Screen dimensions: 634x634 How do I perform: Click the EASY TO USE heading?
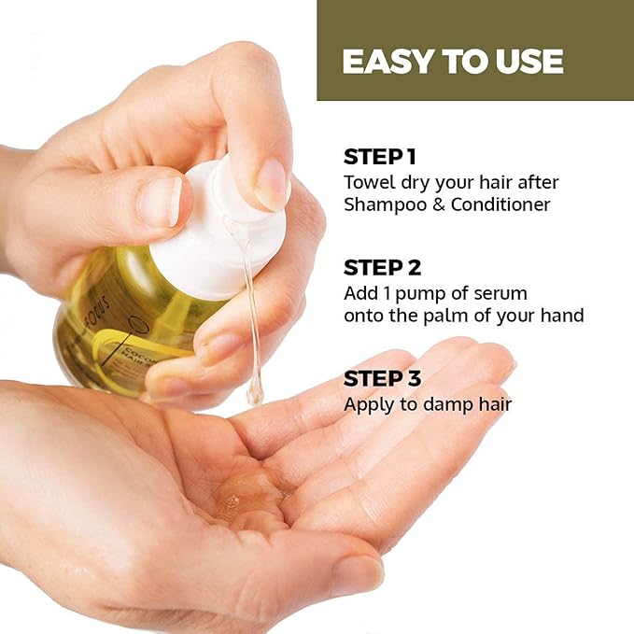[x=453, y=62]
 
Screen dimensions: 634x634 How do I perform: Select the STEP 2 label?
[x=383, y=268]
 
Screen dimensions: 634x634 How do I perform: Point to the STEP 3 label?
[x=383, y=379]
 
